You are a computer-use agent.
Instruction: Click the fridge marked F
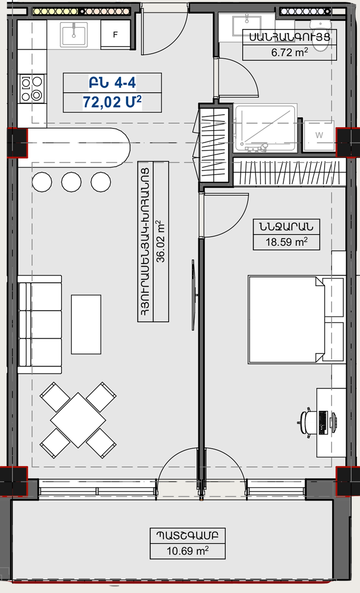coord(115,35)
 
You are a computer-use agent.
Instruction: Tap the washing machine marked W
coord(319,135)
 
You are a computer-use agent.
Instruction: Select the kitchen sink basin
coord(74,35)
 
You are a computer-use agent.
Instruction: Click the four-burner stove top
coord(32,89)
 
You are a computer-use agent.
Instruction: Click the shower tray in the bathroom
coord(265,128)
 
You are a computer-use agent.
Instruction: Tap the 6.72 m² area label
coord(289,53)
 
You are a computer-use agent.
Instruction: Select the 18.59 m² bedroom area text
coord(287,242)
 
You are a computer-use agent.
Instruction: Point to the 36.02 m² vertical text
coord(161,241)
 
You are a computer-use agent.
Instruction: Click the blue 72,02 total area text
coord(112,102)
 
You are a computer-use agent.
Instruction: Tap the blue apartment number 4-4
coord(125,82)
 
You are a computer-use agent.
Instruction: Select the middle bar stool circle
coord(71,182)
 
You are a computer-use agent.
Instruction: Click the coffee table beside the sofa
coord(86,324)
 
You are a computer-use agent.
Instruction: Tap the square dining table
coord(78,420)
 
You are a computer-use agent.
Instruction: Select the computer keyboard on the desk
coord(323,423)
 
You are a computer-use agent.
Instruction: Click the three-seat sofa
coord(40,324)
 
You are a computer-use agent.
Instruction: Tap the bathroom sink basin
coord(247,25)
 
